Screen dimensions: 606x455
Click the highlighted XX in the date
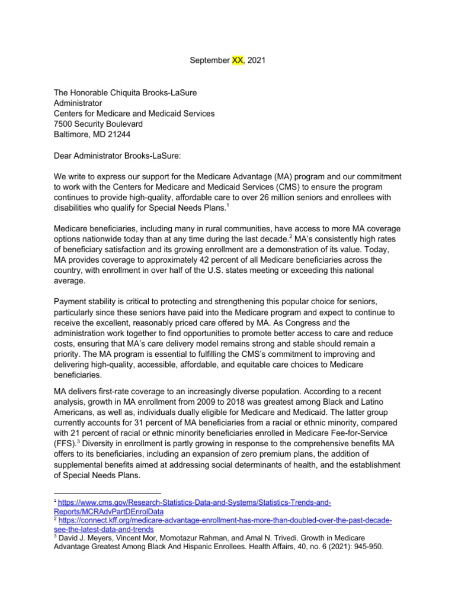pos(235,60)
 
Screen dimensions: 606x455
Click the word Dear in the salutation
pos(64,156)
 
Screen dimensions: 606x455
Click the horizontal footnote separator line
pos(107,492)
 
